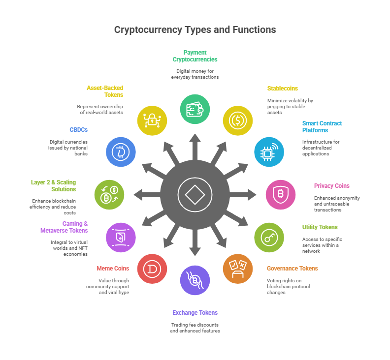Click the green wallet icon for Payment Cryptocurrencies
click(x=195, y=109)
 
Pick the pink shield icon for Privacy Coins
click(x=281, y=195)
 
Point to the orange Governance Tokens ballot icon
click(x=238, y=269)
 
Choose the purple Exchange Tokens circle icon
click(x=195, y=280)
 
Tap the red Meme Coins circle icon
click(x=152, y=269)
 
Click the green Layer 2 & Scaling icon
click(x=109, y=195)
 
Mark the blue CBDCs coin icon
click(x=121, y=152)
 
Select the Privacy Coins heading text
click(x=331, y=186)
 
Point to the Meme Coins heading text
click(x=112, y=269)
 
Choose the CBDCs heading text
click(x=78, y=130)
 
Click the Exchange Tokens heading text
click(x=195, y=313)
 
